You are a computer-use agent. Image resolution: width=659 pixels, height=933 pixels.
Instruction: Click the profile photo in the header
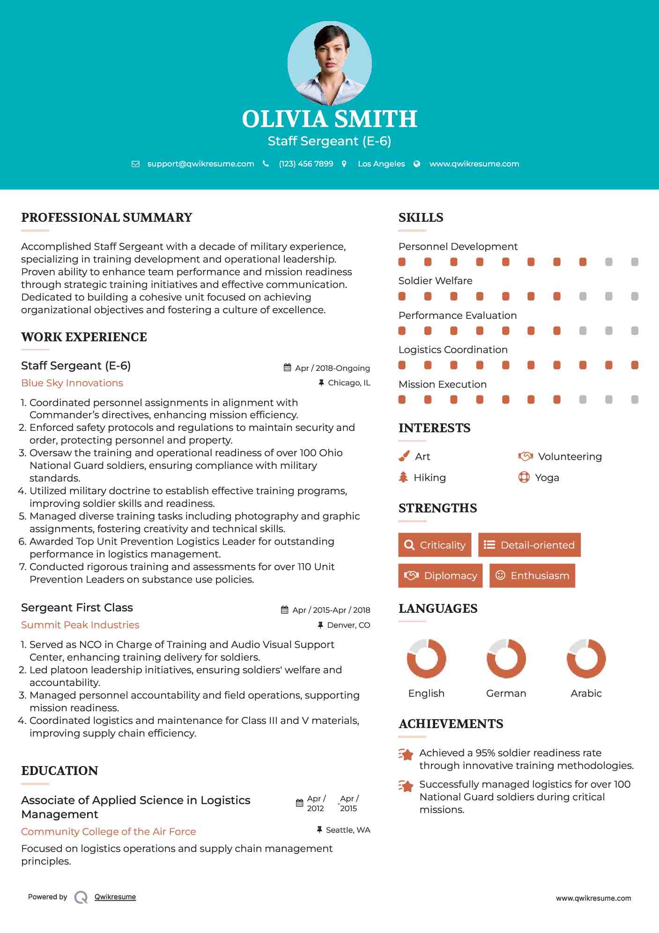click(329, 63)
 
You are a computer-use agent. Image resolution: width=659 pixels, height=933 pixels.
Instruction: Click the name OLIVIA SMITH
click(329, 119)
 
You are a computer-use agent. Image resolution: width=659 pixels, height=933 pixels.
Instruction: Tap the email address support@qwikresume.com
click(200, 164)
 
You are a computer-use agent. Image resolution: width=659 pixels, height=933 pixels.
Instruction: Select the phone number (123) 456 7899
click(306, 164)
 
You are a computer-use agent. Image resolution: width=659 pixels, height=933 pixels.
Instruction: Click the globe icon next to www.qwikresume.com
click(417, 164)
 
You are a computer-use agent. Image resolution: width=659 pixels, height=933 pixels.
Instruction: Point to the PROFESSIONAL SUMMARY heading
click(107, 218)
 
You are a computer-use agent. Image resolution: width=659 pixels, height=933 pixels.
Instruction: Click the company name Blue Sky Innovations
click(72, 383)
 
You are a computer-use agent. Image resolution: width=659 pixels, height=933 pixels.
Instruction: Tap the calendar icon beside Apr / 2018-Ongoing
click(287, 368)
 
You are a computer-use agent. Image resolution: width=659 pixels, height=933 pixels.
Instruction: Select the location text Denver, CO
click(348, 625)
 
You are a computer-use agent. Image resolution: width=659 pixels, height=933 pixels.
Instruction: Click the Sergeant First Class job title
click(77, 608)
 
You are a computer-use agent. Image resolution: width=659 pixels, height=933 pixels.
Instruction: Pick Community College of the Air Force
click(109, 831)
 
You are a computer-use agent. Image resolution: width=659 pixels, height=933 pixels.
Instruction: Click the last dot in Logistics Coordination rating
click(635, 365)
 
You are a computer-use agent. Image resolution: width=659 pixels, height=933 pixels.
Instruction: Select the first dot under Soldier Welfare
click(402, 296)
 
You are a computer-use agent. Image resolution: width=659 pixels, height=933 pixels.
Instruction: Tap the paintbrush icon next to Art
click(404, 456)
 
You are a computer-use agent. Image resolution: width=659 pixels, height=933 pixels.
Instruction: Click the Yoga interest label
click(547, 478)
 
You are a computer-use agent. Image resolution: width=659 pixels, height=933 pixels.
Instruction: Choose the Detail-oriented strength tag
click(529, 545)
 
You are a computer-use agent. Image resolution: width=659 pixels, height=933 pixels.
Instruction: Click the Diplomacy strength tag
click(440, 575)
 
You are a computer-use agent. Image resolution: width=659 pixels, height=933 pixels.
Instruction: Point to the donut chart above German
click(506, 658)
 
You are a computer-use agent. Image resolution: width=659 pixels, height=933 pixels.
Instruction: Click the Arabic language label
click(586, 693)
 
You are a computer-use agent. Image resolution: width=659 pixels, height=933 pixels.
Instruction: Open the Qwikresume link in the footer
click(115, 897)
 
